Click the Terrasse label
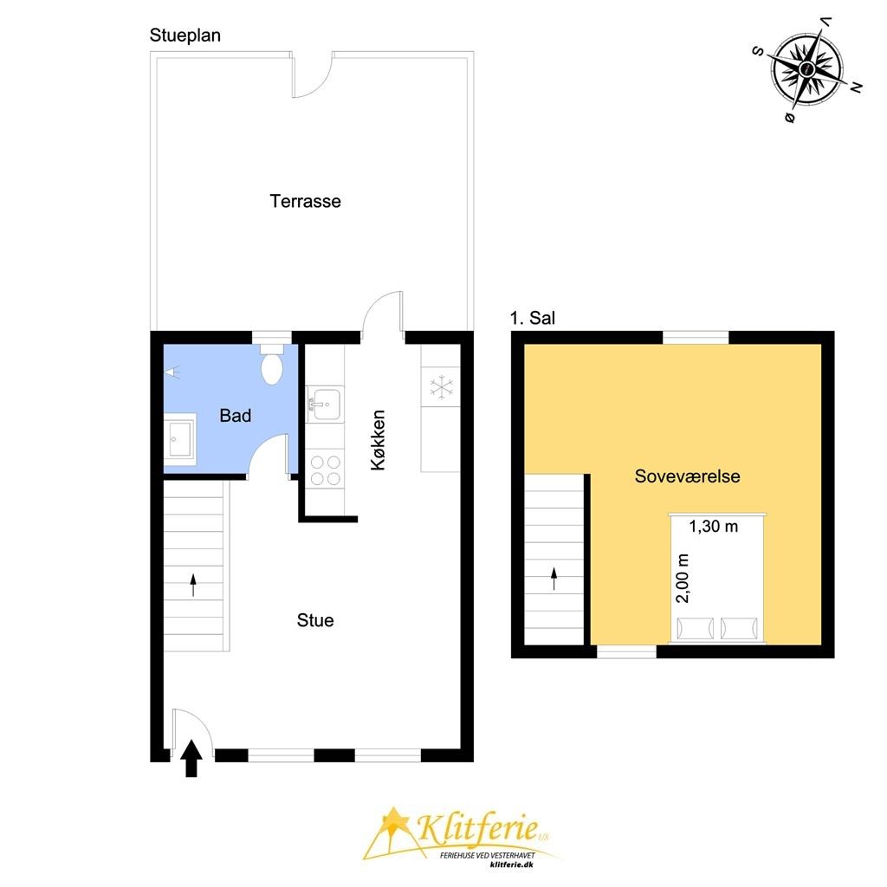pyautogui.click(x=305, y=201)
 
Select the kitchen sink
pyautogui.click(x=325, y=404)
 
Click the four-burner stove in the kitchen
pyautogui.click(x=326, y=470)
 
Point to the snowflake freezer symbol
pyautogui.click(x=441, y=387)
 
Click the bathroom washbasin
pyautogui.click(x=180, y=439)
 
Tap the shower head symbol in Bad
pyautogui.click(x=172, y=372)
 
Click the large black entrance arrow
pyautogui.click(x=191, y=758)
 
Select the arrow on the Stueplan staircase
pyautogui.click(x=193, y=585)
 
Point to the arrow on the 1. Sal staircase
pyautogui.click(x=554, y=579)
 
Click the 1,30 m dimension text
pyautogui.click(x=714, y=527)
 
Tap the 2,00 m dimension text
pyautogui.click(x=683, y=578)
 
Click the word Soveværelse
pyautogui.click(x=687, y=476)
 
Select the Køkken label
pyautogui.click(x=378, y=440)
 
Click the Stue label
pyautogui.click(x=315, y=620)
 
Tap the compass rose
pyautogui.click(x=807, y=69)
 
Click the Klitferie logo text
pyautogui.click(x=478, y=827)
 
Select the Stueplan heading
pyautogui.click(x=185, y=36)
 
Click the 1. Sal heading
pyautogui.click(x=533, y=318)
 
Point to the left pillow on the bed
pyautogui.click(x=696, y=629)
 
